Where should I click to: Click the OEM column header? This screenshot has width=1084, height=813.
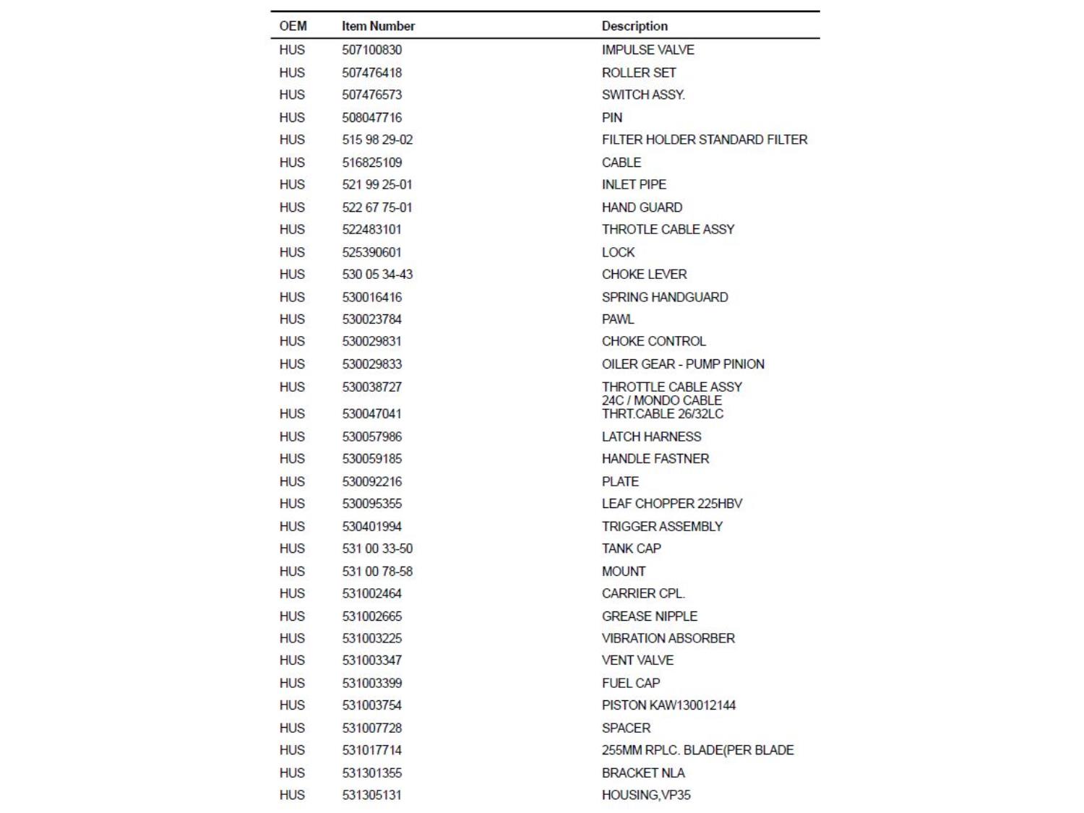coord(293,26)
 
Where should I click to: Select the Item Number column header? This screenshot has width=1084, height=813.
coord(378,26)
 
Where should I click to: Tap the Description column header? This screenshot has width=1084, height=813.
coord(635,26)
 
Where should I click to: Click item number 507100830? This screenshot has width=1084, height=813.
coord(371,50)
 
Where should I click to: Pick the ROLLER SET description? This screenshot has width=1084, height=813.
coord(639,73)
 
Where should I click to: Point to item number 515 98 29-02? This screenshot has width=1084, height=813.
coord(377,139)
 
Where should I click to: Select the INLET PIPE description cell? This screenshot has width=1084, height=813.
coord(634,184)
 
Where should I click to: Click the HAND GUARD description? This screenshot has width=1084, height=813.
coord(642,207)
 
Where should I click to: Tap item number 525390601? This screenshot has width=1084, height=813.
coord(371,252)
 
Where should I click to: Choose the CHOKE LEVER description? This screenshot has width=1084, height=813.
coord(644,274)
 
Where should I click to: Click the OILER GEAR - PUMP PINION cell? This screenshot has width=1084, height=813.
coord(683,364)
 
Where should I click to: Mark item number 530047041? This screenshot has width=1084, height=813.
coord(371,413)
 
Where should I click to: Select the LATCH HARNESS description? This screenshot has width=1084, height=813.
coord(651,436)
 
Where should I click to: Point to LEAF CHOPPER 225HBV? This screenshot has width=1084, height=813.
coord(672,504)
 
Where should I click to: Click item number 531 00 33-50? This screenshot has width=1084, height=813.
coord(377,549)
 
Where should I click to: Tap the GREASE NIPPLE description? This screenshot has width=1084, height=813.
coord(650,616)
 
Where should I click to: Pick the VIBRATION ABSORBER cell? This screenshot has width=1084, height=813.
coord(668,638)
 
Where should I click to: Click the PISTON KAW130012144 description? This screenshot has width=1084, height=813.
coord(668,705)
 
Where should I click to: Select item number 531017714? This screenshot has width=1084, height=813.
coord(371,750)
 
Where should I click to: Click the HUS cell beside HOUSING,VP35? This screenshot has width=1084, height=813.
coord(292,795)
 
